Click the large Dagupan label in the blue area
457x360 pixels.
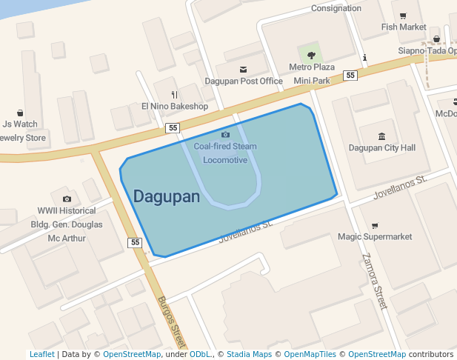pos(167,197)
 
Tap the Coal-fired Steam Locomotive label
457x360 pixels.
pos(225,153)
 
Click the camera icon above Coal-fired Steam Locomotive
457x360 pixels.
pos(225,134)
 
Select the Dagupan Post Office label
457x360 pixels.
pos(244,81)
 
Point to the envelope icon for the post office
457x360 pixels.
pos(243,69)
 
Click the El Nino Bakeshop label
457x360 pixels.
pos(175,106)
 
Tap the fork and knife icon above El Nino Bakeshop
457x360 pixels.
pos(174,95)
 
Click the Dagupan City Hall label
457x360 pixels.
pos(382,147)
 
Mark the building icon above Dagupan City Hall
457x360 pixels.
pos(381,136)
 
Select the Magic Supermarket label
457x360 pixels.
pos(375,236)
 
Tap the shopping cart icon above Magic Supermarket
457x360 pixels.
pos(375,225)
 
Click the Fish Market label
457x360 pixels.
pos(404,27)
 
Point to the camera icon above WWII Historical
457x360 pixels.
pos(67,199)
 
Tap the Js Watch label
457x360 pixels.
pos(20,124)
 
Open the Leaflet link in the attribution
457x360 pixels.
pos(41,354)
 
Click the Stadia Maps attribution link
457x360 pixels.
pos(249,354)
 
